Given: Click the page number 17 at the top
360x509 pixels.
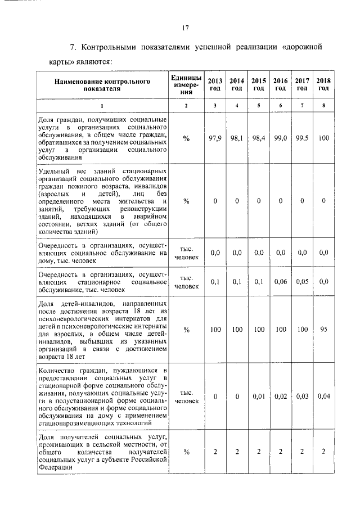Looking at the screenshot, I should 184,28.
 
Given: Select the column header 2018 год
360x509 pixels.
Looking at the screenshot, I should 323,84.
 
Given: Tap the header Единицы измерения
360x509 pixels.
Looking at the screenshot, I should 186,84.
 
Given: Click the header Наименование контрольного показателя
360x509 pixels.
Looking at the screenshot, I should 102,84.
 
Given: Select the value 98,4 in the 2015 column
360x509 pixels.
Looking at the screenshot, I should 259,138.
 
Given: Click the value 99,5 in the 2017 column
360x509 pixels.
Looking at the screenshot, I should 302,138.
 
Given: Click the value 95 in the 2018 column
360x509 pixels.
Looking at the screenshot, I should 323,330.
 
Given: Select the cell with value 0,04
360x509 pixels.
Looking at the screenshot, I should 323,397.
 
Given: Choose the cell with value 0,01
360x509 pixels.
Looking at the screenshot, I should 259,397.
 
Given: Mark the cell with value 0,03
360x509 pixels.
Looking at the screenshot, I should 302,397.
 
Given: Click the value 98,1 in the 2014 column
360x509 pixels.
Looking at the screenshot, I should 237,138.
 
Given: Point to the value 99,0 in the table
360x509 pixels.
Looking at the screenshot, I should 280,138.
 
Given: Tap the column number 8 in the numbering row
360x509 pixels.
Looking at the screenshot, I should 323,106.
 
